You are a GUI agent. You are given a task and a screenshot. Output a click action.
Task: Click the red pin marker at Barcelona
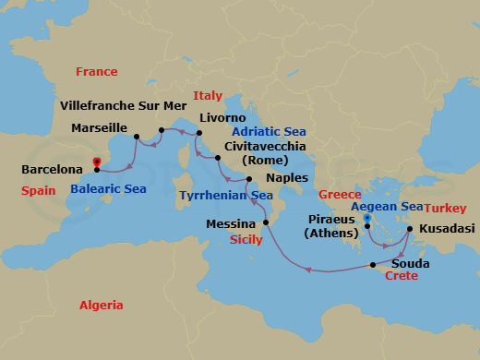pyautogui.click(x=97, y=163)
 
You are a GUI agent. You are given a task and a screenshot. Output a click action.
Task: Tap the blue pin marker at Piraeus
pyautogui.click(x=367, y=220)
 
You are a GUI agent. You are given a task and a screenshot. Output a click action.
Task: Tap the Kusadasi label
pyautogui.click(x=448, y=227)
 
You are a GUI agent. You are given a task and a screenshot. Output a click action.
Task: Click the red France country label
pyautogui.click(x=97, y=71)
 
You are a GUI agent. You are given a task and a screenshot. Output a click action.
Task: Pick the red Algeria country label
pyautogui.click(x=102, y=304)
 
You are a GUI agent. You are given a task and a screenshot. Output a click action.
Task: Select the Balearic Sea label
pyautogui.click(x=109, y=189)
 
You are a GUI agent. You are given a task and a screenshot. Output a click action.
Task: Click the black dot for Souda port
pyautogui.click(x=374, y=265)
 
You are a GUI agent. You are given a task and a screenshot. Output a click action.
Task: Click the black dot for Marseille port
pyautogui.click(x=137, y=138)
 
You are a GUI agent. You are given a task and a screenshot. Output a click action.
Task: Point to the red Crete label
pyautogui.click(x=402, y=276)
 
